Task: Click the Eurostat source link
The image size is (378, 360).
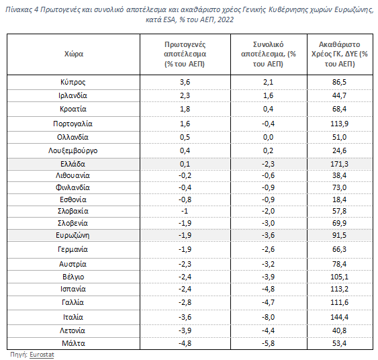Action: point(42,355)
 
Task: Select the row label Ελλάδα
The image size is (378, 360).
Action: point(73,164)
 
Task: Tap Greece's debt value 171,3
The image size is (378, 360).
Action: point(339,164)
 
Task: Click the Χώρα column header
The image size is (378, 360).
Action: point(74,54)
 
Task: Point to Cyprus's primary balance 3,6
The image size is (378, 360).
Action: point(185,82)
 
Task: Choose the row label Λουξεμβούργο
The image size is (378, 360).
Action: point(73,150)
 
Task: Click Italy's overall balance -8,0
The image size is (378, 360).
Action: point(268,317)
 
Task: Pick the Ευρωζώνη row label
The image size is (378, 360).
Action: point(73,235)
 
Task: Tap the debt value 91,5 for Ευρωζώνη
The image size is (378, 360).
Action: point(339,235)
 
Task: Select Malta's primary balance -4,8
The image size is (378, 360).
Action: point(185,343)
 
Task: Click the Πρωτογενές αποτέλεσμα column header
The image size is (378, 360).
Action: point(185,54)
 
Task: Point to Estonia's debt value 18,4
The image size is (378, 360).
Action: point(339,199)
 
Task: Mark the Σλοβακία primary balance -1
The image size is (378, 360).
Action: point(185,211)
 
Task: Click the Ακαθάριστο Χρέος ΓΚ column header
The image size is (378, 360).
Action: point(340,54)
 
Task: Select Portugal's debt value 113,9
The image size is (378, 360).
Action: point(339,124)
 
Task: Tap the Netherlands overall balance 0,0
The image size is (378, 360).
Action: point(268,137)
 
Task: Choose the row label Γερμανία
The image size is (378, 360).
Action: point(73,249)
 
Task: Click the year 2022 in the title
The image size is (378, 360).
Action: point(226,19)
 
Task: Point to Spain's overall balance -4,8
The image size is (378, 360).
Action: point(268,289)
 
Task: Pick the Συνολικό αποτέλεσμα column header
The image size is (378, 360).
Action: point(269,54)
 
